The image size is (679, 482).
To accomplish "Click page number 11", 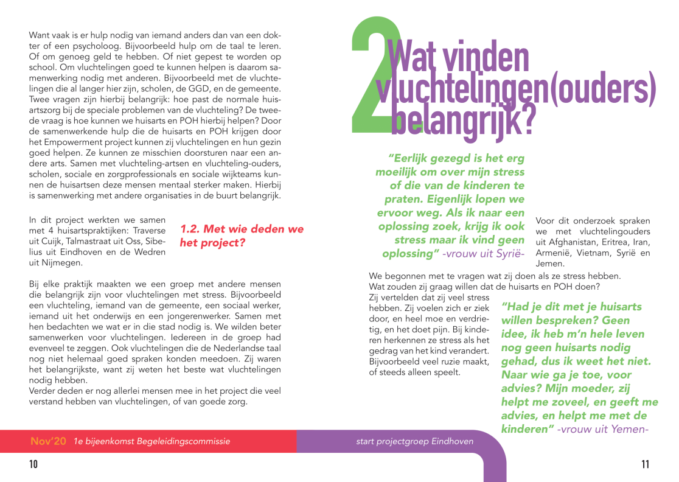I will [x=645, y=465].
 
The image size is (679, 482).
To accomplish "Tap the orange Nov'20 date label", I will [x=48, y=441].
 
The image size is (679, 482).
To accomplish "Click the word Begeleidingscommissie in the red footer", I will [x=182, y=441].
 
